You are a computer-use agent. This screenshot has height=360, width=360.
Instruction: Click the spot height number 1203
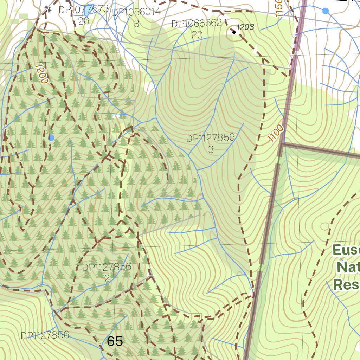pyautogui.click(x=245, y=27)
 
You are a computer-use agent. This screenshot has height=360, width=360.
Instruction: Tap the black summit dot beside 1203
pyautogui.click(x=234, y=32)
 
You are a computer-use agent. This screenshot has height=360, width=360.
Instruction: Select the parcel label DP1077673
pyautogui.click(x=83, y=9)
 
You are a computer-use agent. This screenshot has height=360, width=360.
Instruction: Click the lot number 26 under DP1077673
pyautogui.click(x=83, y=21)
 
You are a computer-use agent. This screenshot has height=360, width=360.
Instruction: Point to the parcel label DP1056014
pyautogui.click(x=136, y=12)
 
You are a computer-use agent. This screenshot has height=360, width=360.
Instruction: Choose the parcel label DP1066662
pyautogui.click(x=197, y=24)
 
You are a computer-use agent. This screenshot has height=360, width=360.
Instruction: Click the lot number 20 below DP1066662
pyautogui.click(x=197, y=35)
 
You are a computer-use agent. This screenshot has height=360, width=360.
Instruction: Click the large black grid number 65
pyautogui.click(x=115, y=341)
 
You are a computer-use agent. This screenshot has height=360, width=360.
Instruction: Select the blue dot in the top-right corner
pyautogui.click(x=326, y=11)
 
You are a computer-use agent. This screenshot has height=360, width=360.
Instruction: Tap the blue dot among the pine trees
pyautogui.click(x=51, y=138)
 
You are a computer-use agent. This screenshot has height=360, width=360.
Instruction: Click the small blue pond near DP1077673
pyautogui.click(x=87, y=12)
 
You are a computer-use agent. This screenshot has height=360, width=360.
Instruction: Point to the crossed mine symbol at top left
pyautogui.click(x=48, y=9)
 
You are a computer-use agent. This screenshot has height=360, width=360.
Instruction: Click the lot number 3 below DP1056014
pyautogui.click(x=136, y=24)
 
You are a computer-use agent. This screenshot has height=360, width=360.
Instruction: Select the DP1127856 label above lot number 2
pyautogui.click(x=107, y=267)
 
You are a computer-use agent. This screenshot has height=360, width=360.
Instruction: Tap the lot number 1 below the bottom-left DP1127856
pyautogui.click(x=45, y=346)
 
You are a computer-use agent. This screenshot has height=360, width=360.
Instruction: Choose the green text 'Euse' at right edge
pyautogui.click(x=346, y=250)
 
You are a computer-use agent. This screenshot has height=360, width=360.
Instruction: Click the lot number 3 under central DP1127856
pyautogui.click(x=211, y=149)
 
